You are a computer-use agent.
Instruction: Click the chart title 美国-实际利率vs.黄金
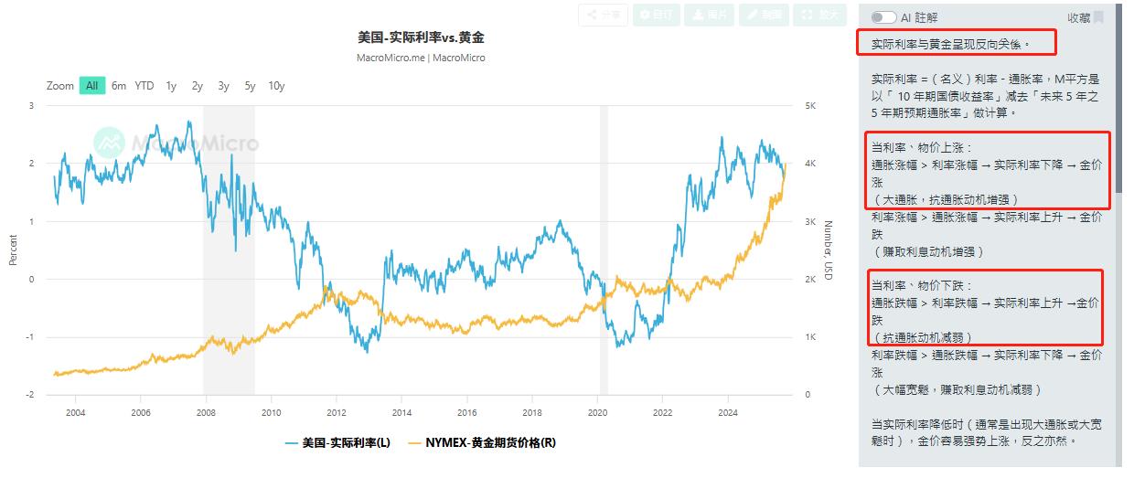[421, 38]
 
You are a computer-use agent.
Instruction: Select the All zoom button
[91, 86]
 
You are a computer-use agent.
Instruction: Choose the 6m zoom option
[119, 86]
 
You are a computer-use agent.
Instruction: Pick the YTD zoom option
[144, 86]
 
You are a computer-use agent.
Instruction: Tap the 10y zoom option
[276, 86]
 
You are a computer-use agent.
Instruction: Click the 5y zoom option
[250, 86]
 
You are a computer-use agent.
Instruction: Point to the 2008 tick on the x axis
[206, 412]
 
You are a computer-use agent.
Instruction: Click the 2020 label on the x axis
[597, 412]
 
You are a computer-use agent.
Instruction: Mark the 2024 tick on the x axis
[728, 412]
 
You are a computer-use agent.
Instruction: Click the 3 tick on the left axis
[32, 106]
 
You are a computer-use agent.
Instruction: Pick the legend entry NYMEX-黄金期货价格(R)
[482, 443]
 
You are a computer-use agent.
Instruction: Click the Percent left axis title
[14, 250]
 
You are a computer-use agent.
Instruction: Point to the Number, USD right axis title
[828, 250]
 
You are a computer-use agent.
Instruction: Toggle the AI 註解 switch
[883, 17]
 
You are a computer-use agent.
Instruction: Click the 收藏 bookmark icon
[1098, 17]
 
